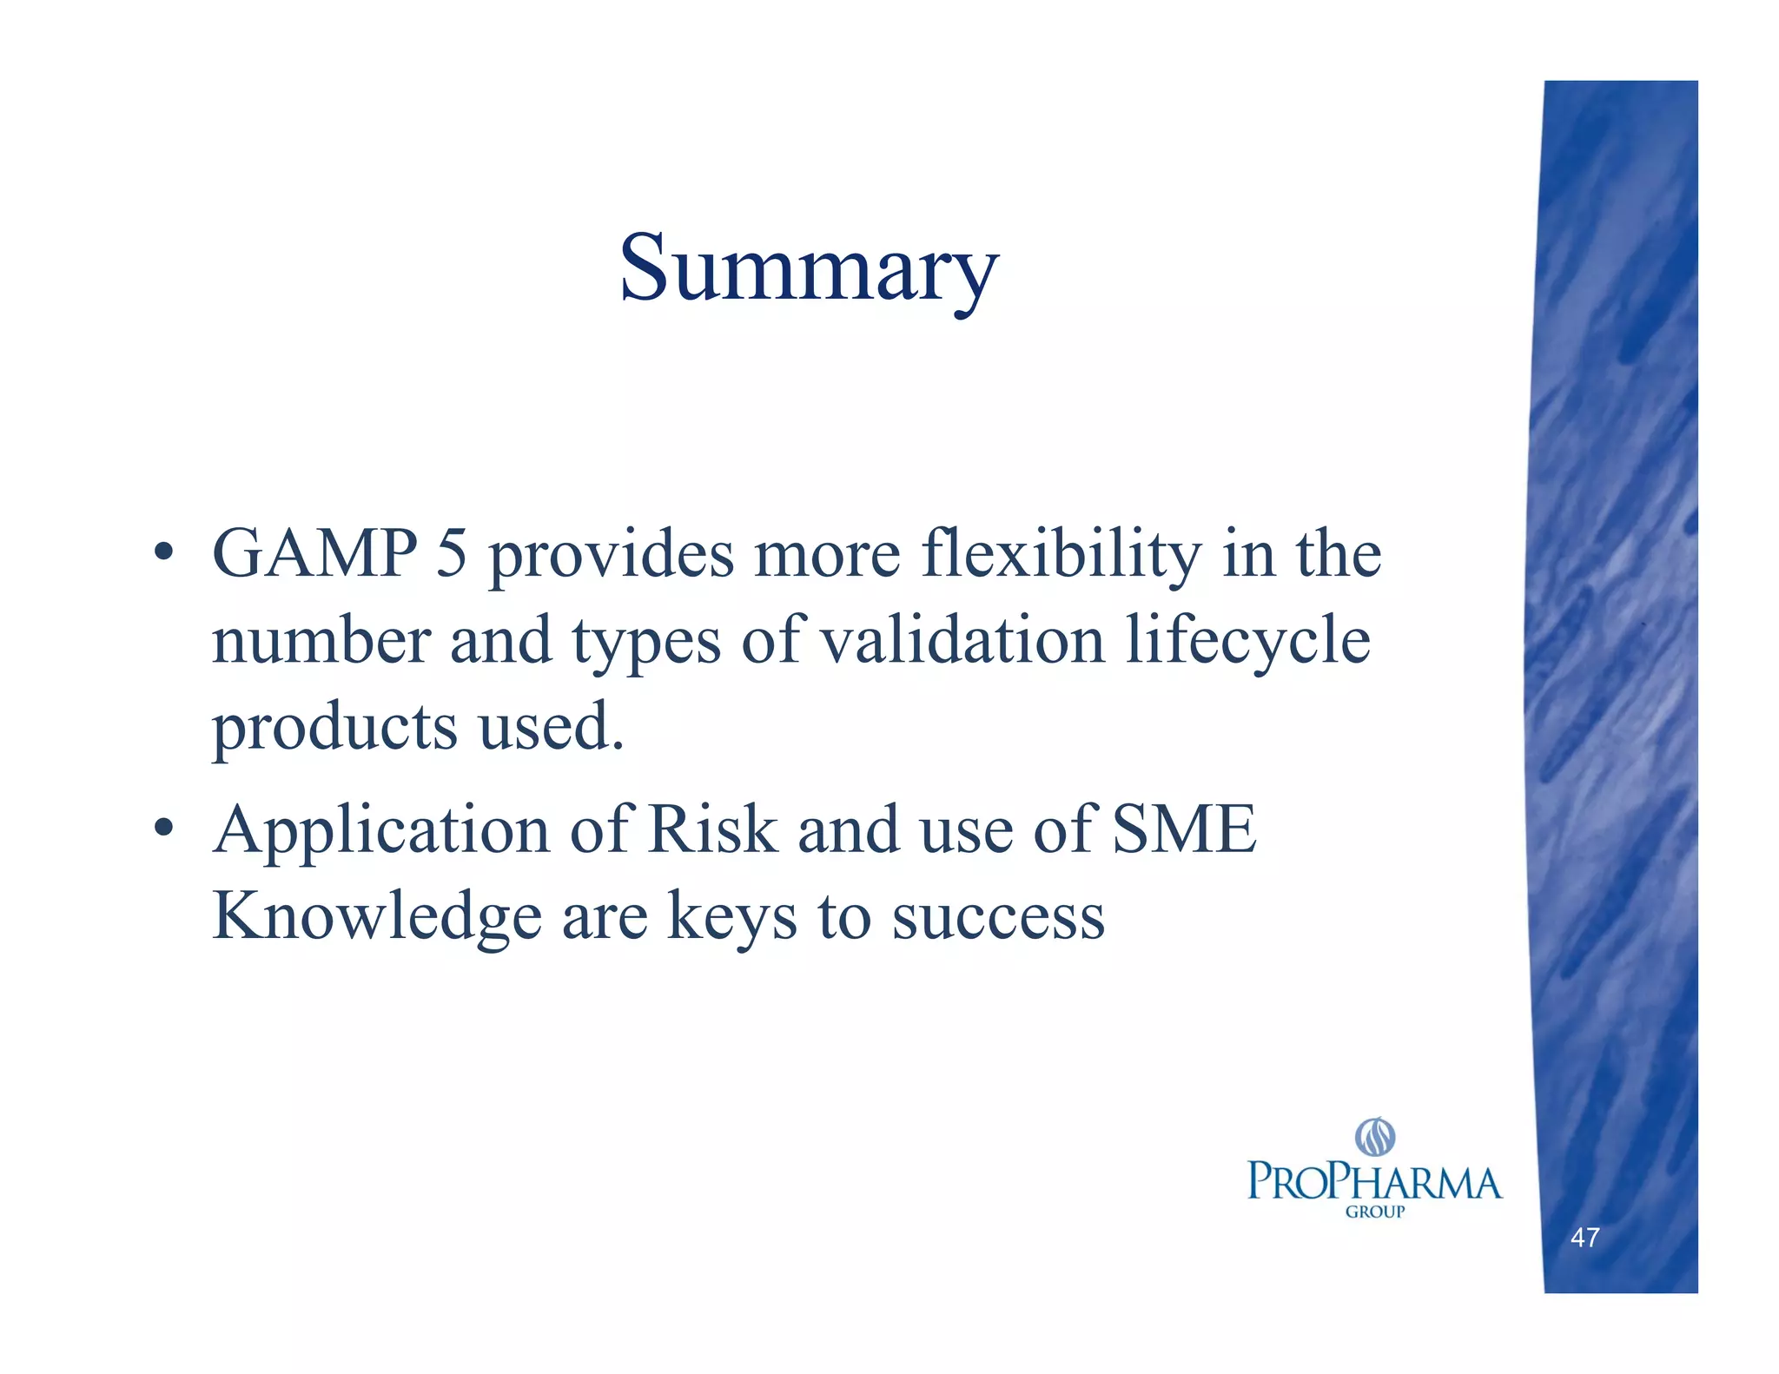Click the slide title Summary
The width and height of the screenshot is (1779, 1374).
[809, 269]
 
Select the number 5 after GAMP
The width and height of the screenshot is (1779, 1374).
[451, 553]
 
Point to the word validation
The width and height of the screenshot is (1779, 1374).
[963, 640]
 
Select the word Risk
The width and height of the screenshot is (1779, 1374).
[712, 829]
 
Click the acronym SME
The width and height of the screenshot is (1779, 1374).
[1184, 829]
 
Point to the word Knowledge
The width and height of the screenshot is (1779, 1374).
[377, 917]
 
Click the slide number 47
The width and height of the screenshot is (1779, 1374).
[1584, 1238]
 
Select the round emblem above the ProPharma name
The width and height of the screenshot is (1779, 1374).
[1375, 1137]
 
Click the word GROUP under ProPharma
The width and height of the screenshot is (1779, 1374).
[1374, 1212]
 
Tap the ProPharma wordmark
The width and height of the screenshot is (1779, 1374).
[1374, 1183]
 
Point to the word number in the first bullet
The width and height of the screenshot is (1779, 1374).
[321, 640]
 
